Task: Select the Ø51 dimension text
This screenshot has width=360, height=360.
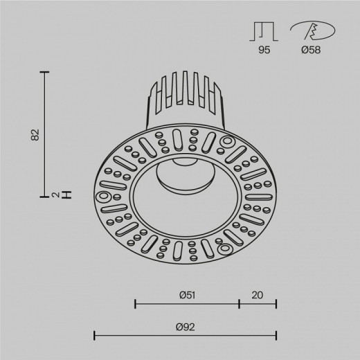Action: click(186, 295)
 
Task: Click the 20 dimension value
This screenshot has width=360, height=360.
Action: click(258, 295)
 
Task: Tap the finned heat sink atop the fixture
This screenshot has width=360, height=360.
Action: click(185, 100)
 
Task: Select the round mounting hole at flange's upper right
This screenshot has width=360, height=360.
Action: click(225, 144)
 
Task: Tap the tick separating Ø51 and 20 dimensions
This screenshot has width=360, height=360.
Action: click(240, 303)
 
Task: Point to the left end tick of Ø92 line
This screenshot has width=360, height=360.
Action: click(93, 336)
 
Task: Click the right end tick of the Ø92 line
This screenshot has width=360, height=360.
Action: click(276, 336)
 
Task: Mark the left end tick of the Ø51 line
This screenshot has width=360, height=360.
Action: click(134, 303)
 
